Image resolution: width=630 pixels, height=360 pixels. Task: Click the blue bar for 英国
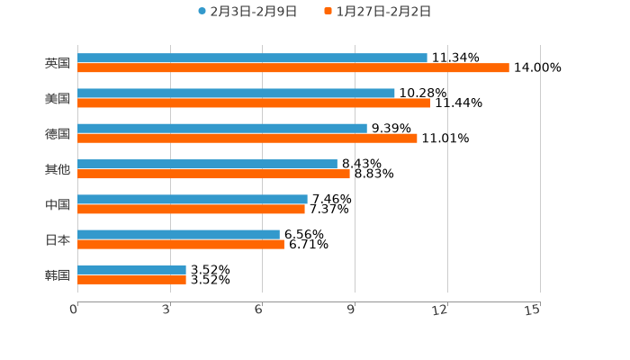click(252, 58)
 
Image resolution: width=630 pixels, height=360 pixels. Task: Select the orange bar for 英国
click(292, 67)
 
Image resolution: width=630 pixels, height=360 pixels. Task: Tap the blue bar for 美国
click(236, 93)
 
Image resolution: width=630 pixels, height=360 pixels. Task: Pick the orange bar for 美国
click(254, 103)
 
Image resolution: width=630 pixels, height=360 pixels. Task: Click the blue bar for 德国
click(222, 128)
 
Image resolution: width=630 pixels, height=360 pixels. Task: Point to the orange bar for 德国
click(247, 138)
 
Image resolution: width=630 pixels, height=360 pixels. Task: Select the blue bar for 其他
click(207, 164)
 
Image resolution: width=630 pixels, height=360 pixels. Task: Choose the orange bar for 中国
click(191, 209)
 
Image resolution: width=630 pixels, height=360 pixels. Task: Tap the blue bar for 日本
click(178, 234)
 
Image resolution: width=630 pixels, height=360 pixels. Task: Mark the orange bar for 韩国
click(131, 279)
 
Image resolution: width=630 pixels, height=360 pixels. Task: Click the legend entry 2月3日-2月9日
click(247, 12)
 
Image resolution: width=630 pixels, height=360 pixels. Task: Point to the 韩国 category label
click(58, 274)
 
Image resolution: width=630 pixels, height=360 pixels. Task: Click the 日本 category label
click(58, 239)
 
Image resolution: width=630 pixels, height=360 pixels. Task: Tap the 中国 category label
click(58, 204)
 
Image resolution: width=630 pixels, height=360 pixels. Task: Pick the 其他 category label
click(58, 169)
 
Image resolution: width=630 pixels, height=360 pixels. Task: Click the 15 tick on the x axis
click(533, 310)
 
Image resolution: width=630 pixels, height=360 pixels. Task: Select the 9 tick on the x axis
click(350, 310)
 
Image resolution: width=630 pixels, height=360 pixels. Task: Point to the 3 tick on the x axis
click(166, 310)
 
